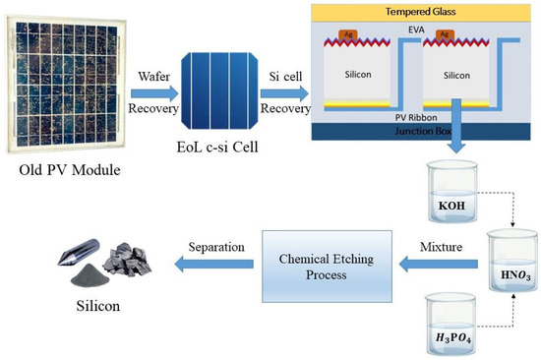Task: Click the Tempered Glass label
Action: coord(422,14)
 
